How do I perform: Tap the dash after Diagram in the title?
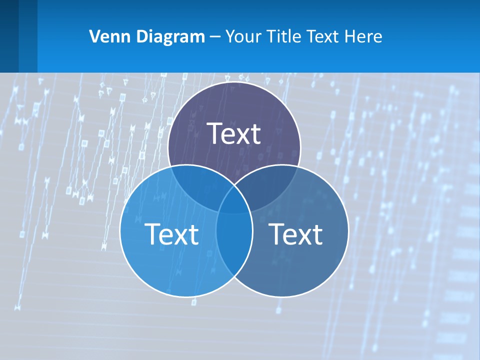pyautogui.click(x=215, y=36)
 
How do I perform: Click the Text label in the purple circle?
pyautogui.click(x=234, y=133)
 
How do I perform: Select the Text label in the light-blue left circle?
pyautogui.click(x=171, y=234)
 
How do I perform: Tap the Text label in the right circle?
pyautogui.click(x=295, y=234)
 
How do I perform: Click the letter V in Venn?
pyautogui.click(x=93, y=36)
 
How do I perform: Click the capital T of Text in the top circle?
pyautogui.click(x=214, y=133)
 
